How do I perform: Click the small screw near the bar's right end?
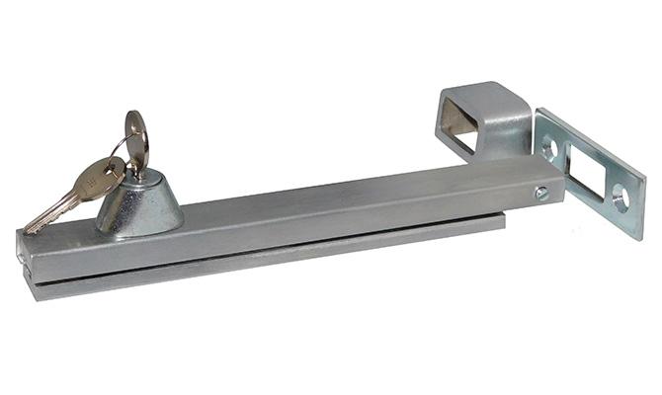point(541,194)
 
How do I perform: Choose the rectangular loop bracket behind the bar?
point(484,122)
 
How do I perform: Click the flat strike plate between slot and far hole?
point(606,188)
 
